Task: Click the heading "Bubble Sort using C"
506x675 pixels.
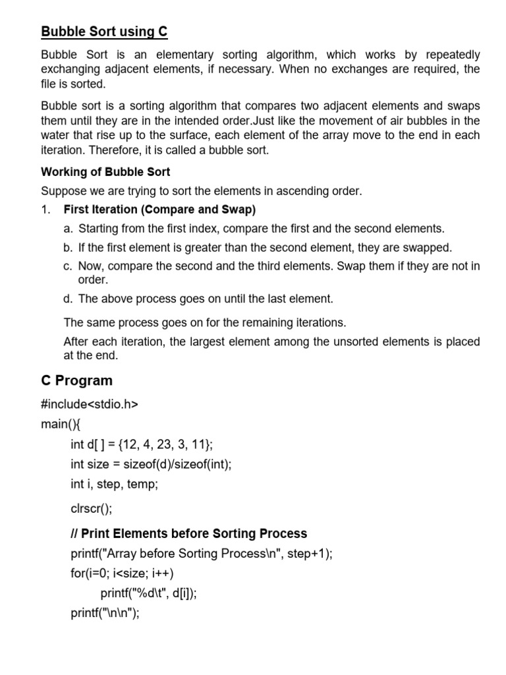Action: (x=105, y=31)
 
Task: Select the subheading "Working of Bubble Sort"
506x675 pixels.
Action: (x=105, y=172)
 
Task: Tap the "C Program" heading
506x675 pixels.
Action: (x=76, y=380)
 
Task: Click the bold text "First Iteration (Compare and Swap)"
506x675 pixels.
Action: (x=159, y=210)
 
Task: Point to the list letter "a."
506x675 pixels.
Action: (x=69, y=229)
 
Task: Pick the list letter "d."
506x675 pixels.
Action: (x=69, y=299)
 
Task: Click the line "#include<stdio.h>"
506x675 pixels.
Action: (x=90, y=404)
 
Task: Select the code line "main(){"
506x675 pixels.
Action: (x=60, y=424)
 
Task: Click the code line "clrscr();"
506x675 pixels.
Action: (x=92, y=508)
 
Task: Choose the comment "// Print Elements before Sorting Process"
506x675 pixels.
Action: (x=188, y=533)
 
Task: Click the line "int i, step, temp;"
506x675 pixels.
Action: (x=115, y=484)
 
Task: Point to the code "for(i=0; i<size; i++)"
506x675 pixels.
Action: (x=122, y=573)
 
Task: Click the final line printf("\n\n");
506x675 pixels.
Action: (x=105, y=614)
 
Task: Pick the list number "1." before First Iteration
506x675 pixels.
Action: (x=46, y=210)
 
